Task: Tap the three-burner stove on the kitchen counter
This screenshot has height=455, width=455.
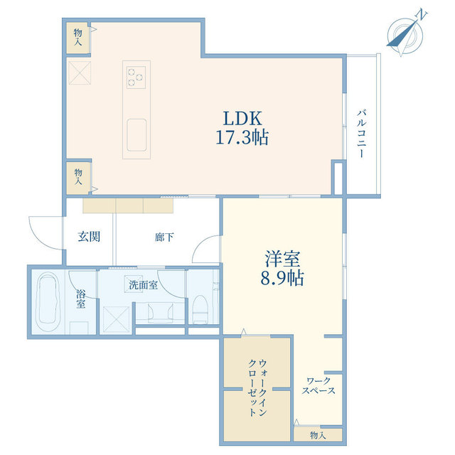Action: tap(135, 75)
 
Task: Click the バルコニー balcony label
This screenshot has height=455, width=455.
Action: tap(362, 133)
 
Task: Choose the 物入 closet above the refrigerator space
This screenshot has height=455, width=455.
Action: tap(77, 37)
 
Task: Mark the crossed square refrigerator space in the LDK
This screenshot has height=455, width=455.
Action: tap(78, 71)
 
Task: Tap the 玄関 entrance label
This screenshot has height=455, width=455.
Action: tap(89, 237)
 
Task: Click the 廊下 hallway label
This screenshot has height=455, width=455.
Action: tap(164, 237)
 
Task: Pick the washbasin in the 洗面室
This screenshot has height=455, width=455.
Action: tap(157, 311)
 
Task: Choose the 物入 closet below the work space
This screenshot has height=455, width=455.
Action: tap(318, 434)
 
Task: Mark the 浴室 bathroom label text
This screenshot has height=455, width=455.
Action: tap(81, 299)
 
